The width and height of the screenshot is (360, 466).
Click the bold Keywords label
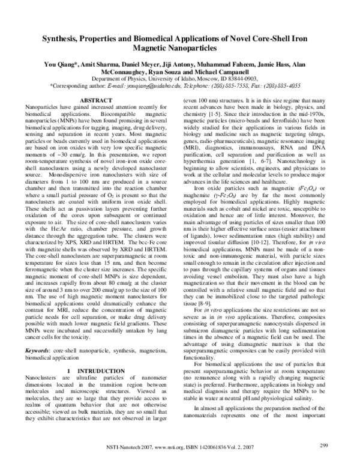point(40,334)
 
